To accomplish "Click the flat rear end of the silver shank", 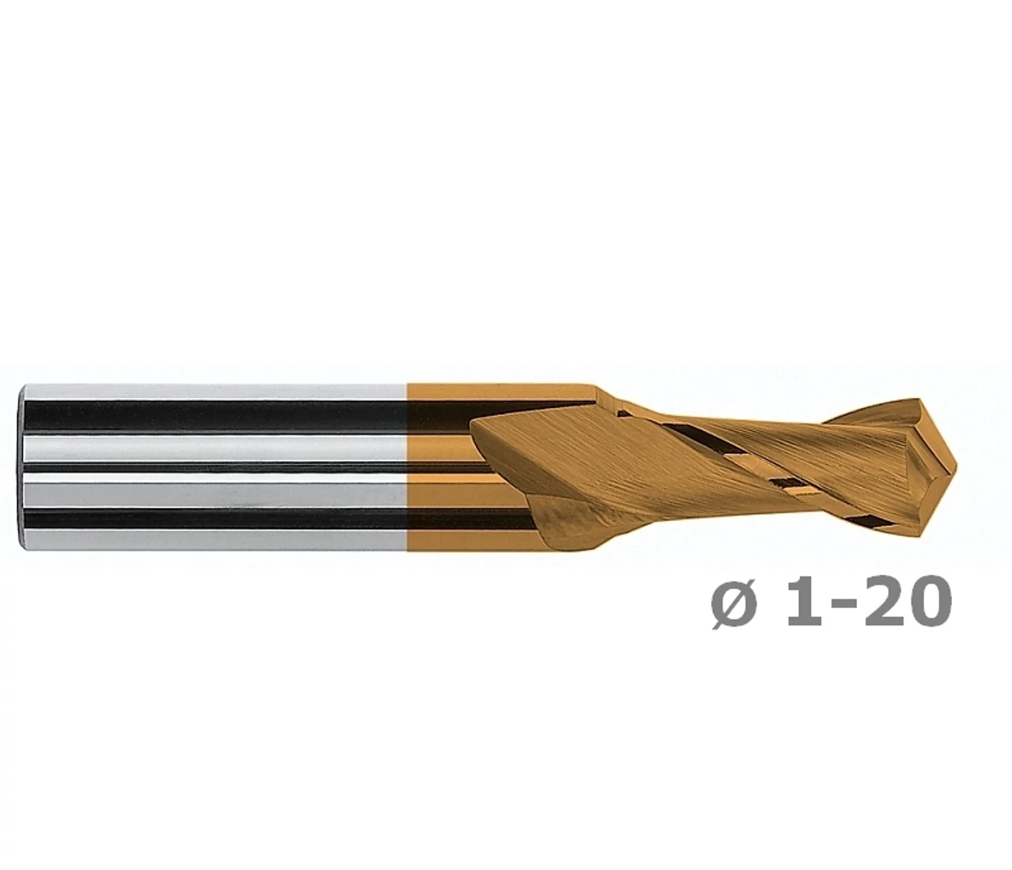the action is tap(22, 467).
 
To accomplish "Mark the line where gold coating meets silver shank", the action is tap(407, 467).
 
